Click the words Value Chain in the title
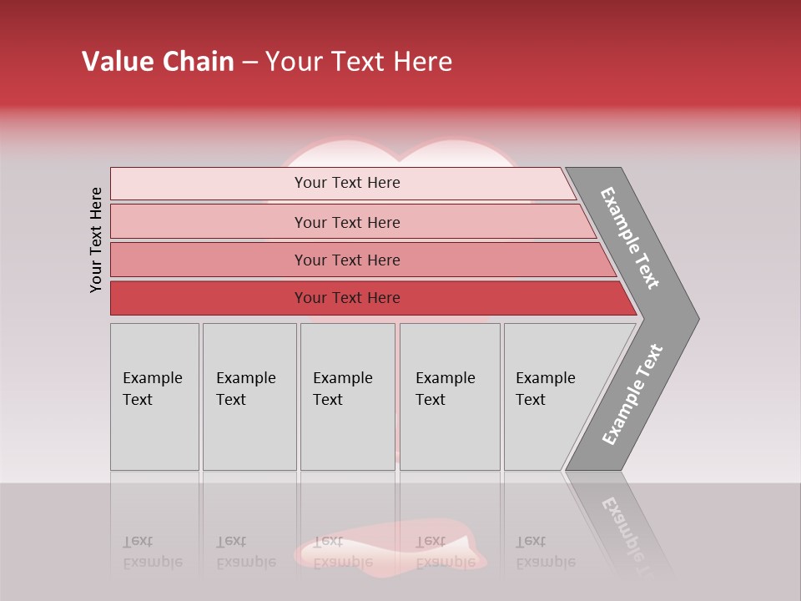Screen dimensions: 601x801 coord(158,62)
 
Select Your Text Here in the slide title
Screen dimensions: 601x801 coord(359,62)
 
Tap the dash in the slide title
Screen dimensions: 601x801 coord(249,63)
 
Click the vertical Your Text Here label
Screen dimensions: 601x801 coord(96,240)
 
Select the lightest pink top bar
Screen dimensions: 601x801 coord(346,183)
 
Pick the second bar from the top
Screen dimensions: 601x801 coord(346,222)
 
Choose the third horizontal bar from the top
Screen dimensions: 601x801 coord(346,260)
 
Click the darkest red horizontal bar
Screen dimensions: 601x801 coord(346,298)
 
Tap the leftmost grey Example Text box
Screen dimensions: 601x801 coord(154,396)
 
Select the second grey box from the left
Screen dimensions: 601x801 coord(249,396)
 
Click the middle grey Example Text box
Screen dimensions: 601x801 coord(347,396)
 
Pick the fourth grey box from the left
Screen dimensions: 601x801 coord(449,396)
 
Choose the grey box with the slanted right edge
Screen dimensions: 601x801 coord(551,396)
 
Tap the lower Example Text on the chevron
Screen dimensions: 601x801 coord(632,394)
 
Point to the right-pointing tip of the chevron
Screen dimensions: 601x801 coord(696,318)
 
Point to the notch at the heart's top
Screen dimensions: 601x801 coord(396,159)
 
